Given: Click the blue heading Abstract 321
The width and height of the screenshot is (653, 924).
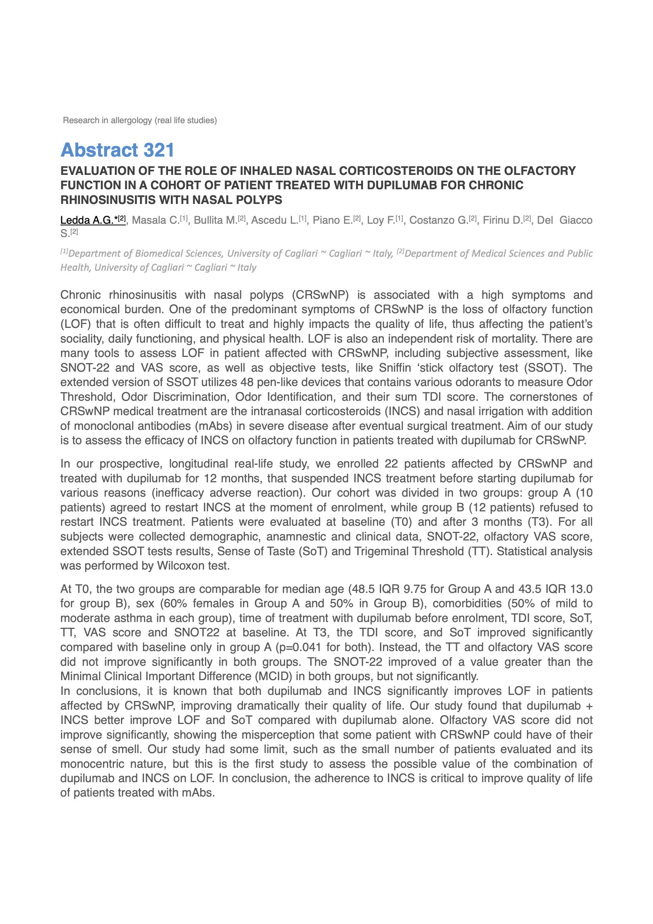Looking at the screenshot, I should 117,150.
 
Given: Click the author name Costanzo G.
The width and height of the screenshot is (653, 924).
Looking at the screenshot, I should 439,220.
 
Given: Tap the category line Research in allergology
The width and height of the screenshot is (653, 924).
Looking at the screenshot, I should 140,120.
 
